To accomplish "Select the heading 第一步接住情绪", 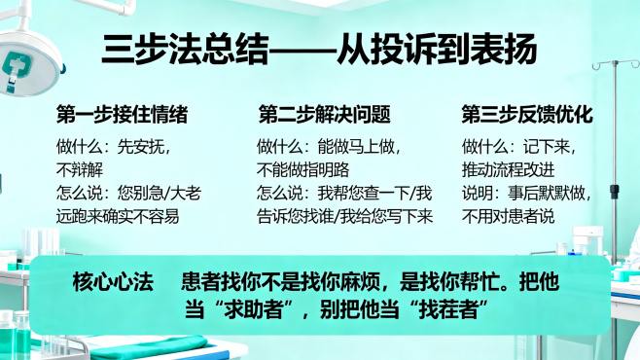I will coord(122,114).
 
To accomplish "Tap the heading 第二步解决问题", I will coord(325,114).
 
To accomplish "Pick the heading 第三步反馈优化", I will coord(526,114).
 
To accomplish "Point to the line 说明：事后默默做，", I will coord(526,193).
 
